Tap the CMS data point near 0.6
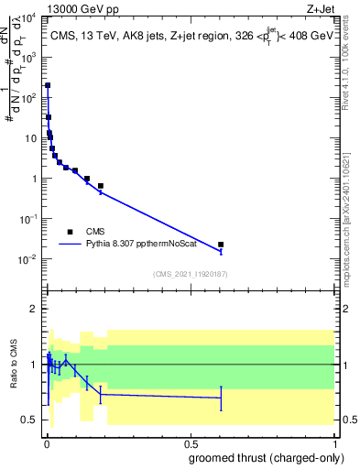[x=221, y=245]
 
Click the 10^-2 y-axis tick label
[x=29, y=259]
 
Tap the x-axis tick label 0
[x=46, y=442]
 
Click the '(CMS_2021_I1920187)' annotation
[x=190, y=274]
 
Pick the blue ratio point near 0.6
[x=221, y=398]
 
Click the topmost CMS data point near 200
[x=47, y=85]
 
